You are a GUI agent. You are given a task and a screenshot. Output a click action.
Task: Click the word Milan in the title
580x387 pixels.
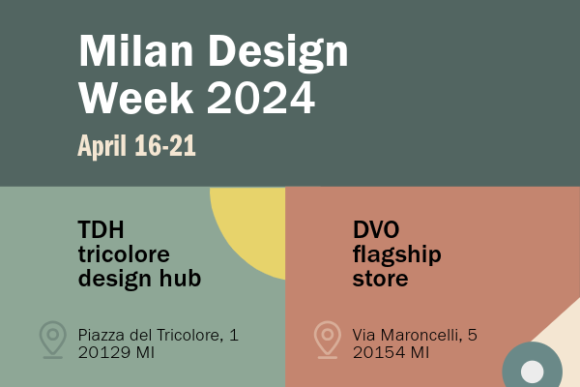(135, 50)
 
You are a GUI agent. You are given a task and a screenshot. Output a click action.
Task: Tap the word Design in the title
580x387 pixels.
(278, 53)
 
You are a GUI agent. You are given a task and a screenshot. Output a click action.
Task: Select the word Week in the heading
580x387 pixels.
(135, 98)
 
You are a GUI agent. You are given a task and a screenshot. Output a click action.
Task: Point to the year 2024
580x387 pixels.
(261, 98)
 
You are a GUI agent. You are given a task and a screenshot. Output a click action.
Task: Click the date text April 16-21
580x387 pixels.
(136, 146)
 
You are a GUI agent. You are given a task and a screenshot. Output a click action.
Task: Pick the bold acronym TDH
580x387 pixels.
(101, 229)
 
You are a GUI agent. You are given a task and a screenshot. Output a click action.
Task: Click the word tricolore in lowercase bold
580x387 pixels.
(124, 254)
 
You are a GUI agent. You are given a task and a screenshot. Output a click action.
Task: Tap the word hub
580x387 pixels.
(180, 278)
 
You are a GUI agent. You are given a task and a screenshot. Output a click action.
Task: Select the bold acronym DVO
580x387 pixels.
(376, 229)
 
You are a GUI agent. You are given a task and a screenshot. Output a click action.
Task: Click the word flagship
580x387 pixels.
(397, 255)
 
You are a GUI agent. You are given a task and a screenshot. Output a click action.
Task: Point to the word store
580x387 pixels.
(380, 280)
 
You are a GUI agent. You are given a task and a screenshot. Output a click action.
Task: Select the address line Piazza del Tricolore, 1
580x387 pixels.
(159, 335)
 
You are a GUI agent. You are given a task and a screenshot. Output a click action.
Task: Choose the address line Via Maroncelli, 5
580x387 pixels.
(415, 335)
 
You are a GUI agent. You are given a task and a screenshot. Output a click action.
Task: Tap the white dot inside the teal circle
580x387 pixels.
(533, 372)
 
